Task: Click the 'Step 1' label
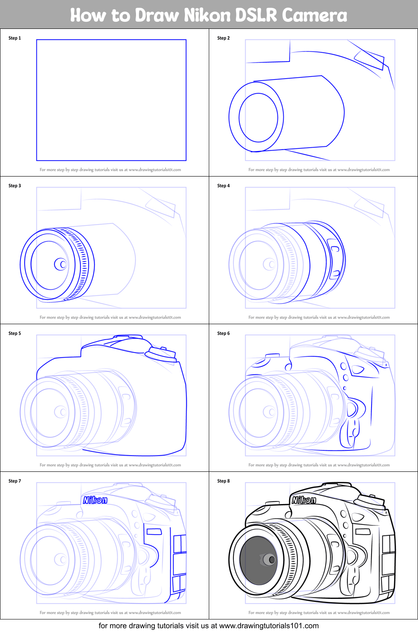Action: (15, 38)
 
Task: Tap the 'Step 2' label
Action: (223, 38)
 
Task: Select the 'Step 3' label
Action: (15, 186)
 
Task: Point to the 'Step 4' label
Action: (223, 186)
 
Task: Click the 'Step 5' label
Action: (15, 333)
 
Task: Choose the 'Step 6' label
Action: (223, 333)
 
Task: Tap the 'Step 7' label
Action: (15, 481)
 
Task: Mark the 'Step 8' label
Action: (223, 481)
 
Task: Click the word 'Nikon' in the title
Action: (208, 15)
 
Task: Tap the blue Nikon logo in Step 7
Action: (95, 500)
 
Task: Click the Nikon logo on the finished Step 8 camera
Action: (304, 500)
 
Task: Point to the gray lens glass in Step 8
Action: (258, 560)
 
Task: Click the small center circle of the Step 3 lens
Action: (61, 264)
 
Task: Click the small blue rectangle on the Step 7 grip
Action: (154, 532)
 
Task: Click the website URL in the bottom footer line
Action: (269, 626)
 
